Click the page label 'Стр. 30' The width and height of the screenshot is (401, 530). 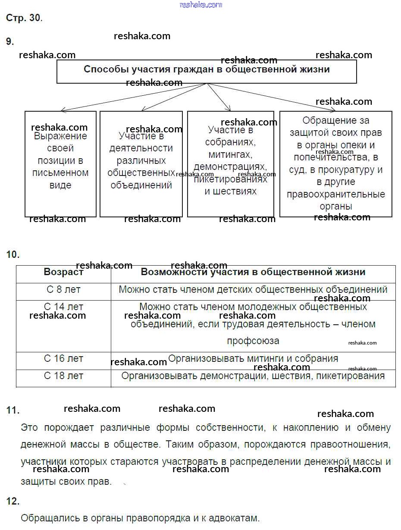pos(24,18)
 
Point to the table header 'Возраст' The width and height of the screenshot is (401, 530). pos(63,272)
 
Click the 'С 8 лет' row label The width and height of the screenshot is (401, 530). pos(63,289)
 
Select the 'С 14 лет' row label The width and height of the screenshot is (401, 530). pos(63,307)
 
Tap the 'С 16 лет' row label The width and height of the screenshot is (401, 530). pos(63,358)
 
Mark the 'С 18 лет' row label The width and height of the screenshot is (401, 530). pos(63,376)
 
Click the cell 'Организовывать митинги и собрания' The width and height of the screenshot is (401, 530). pos(253,358)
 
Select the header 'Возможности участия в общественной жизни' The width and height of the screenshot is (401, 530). pos(253,272)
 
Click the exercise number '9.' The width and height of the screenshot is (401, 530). pos(10,41)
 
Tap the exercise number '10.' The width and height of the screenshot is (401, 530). pos(13,254)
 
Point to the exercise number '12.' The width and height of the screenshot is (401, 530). pos(13,501)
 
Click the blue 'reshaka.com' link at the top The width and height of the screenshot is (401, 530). pos(200,5)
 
